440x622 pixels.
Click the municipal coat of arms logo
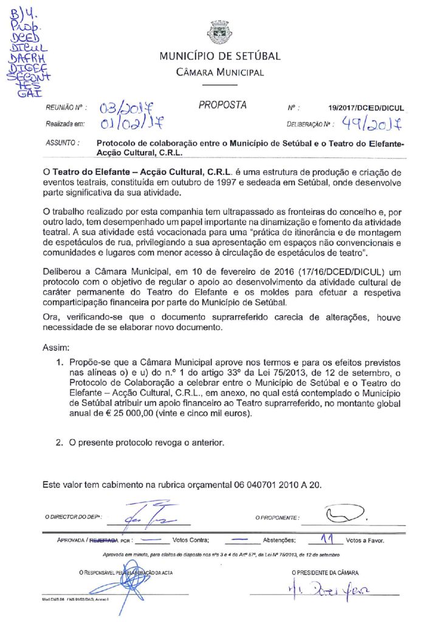(219, 32)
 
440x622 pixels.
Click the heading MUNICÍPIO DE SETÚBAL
(219, 56)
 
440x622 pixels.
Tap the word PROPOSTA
(222, 105)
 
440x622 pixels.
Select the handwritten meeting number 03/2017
(127, 109)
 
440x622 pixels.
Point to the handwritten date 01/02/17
(126, 125)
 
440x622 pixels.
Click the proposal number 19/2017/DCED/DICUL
(366, 108)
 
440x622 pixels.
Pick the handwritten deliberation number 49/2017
(371, 125)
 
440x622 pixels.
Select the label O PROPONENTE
(277, 518)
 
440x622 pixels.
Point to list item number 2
(60, 443)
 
